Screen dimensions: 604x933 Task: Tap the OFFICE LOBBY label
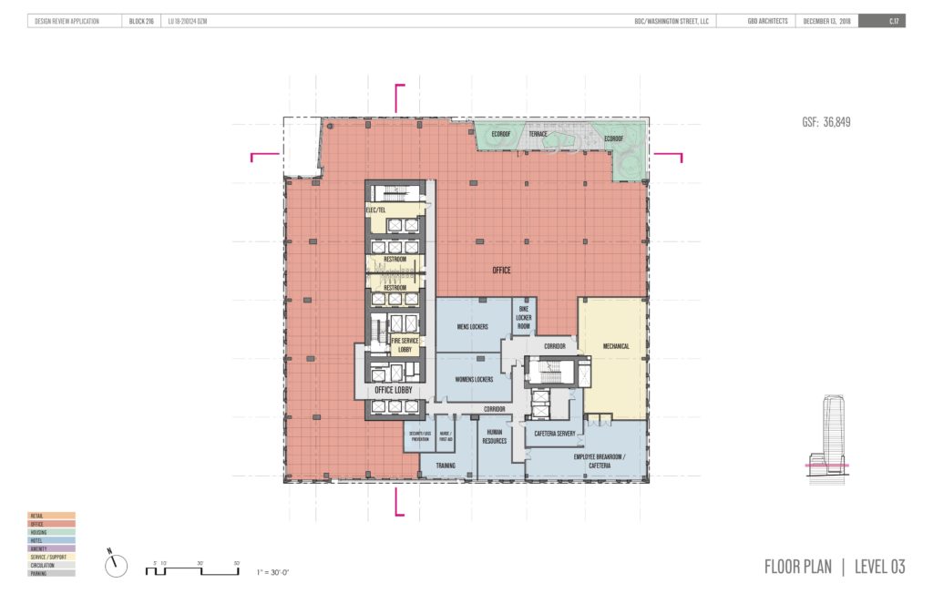394,390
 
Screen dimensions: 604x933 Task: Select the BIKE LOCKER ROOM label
523,319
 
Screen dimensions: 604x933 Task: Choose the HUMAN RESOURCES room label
495,435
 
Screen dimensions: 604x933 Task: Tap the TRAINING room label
446,466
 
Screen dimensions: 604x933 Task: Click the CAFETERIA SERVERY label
556,434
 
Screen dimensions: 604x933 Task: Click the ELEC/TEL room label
377,210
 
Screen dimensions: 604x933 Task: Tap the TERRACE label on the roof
538,134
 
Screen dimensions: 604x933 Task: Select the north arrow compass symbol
116,565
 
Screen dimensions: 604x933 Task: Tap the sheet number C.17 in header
895,21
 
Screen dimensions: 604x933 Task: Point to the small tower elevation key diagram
831,443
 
